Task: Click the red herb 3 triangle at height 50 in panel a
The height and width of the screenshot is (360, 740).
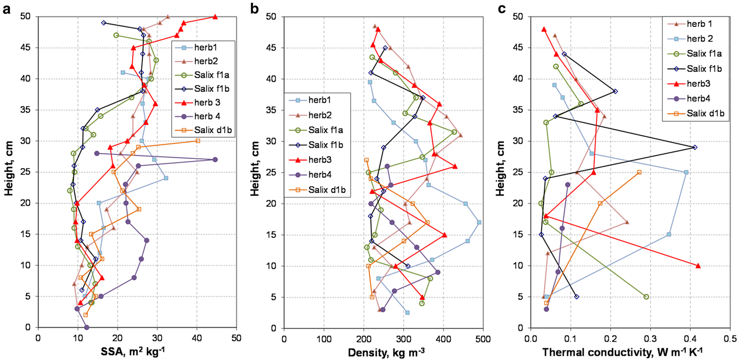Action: point(215,17)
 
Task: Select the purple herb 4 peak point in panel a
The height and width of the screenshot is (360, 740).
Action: point(215,160)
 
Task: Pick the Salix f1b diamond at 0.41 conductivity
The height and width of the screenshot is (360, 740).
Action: point(695,147)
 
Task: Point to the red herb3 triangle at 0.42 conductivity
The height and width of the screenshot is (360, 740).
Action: point(698,266)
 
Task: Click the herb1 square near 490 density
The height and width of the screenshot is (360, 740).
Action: point(479,223)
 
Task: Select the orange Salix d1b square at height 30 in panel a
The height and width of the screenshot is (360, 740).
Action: point(198,141)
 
